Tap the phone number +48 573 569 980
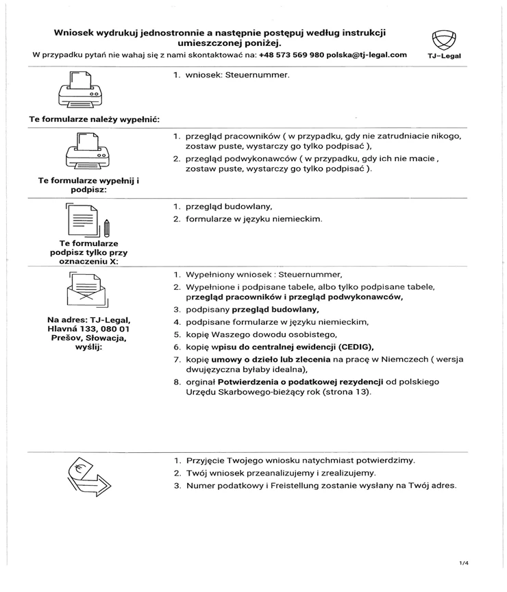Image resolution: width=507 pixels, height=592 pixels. point(291,55)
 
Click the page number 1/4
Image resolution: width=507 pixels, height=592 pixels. point(464,563)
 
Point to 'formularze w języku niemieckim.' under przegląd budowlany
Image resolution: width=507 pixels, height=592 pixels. point(253,219)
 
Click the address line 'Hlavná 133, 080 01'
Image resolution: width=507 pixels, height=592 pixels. point(88,328)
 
